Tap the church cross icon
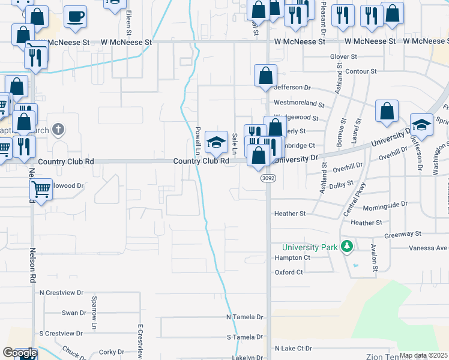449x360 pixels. click(x=58, y=129)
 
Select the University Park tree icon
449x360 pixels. click(x=346, y=247)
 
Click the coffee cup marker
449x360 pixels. click(x=75, y=17)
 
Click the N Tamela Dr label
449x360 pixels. click(x=245, y=317)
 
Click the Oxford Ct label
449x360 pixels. click(x=289, y=272)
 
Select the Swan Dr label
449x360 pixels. click(x=74, y=313)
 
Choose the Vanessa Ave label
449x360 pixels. click(x=429, y=248)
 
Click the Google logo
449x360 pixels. click(x=19, y=353)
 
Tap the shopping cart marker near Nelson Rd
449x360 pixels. click(x=41, y=190)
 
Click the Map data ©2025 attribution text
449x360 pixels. click(x=423, y=355)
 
